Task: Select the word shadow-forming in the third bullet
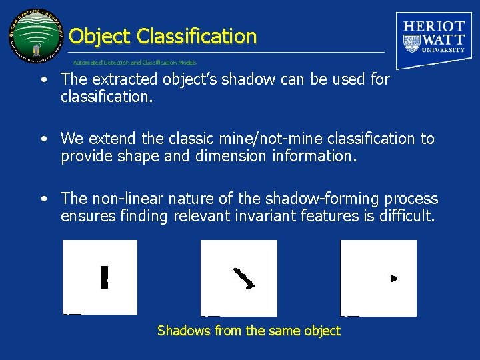click(x=304, y=199)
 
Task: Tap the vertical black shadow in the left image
click(x=104, y=277)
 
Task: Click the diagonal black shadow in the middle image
click(x=244, y=278)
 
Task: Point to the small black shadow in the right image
click(x=393, y=278)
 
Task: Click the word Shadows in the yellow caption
click(x=183, y=331)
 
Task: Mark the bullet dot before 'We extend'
click(x=43, y=139)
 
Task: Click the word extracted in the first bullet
click(x=119, y=79)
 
